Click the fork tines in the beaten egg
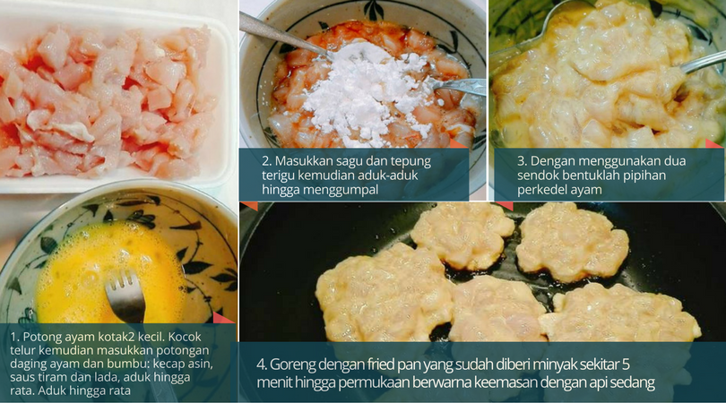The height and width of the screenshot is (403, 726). [125, 288]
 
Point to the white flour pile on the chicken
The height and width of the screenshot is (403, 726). [366, 90]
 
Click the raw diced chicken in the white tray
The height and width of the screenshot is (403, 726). [104, 102]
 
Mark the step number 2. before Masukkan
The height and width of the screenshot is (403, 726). [267, 161]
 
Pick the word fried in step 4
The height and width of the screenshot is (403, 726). [383, 364]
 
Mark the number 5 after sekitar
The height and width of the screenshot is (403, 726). [626, 365]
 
